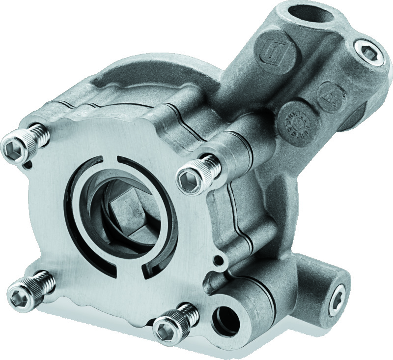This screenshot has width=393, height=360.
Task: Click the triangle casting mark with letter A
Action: [x=328, y=93]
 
